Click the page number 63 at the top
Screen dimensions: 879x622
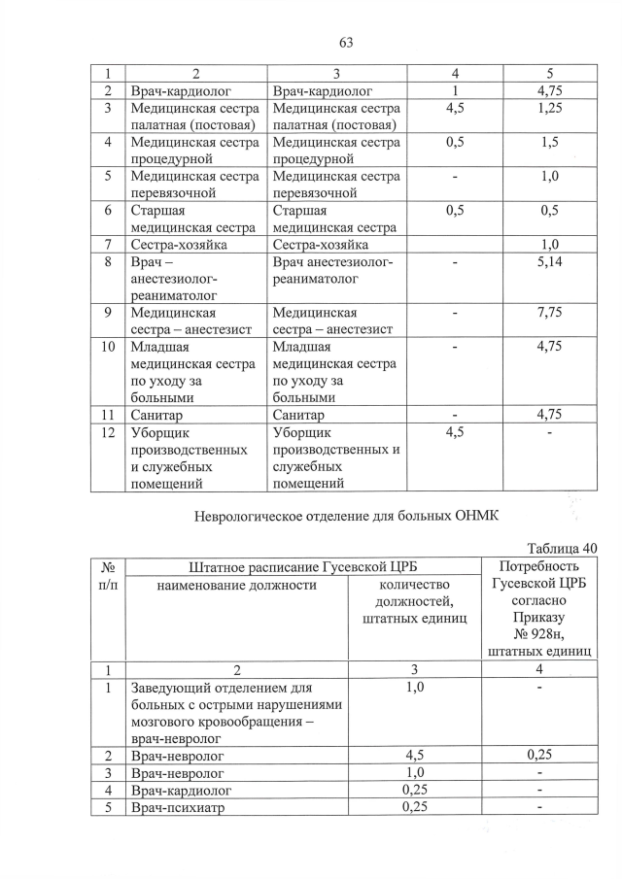pos(345,42)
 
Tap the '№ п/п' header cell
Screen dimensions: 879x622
pos(109,576)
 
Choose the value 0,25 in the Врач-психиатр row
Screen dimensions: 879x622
pos(415,810)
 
